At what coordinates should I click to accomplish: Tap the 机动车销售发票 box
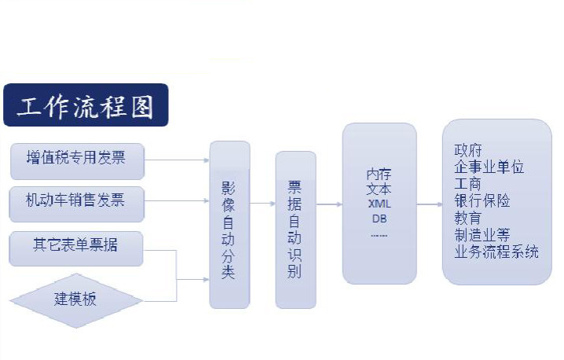pyautogui.click(x=79, y=201)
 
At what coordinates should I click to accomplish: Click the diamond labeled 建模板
pyautogui.click(x=76, y=299)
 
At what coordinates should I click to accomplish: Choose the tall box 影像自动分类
pyautogui.click(x=229, y=224)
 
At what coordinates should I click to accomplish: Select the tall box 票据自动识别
pyautogui.click(x=295, y=230)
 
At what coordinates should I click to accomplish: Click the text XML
pyautogui.click(x=379, y=204)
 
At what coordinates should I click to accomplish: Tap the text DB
pyautogui.click(x=379, y=218)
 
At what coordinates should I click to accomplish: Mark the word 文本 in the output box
pyautogui.click(x=379, y=189)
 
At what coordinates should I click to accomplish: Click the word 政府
pyautogui.click(x=468, y=150)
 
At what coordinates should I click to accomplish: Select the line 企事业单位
pyautogui.click(x=489, y=167)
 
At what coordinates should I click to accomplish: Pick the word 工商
pyautogui.click(x=468, y=184)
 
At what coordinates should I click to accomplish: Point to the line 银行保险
pyautogui.click(x=482, y=201)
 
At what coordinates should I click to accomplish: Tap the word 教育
pyautogui.click(x=468, y=218)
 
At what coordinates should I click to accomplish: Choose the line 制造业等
pyautogui.click(x=482, y=235)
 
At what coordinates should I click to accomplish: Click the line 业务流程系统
pyautogui.click(x=496, y=252)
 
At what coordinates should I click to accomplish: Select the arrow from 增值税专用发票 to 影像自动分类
pyautogui.click(x=178, y=160)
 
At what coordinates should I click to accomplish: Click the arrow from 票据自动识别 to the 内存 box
pyautogui.click(x=328, y=204)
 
